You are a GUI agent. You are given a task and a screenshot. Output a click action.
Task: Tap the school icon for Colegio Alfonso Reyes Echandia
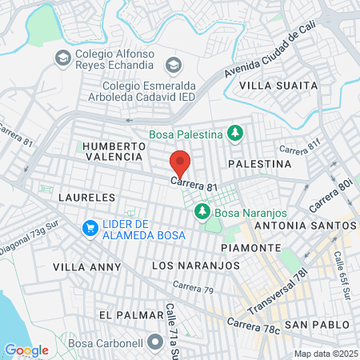coord(62,57)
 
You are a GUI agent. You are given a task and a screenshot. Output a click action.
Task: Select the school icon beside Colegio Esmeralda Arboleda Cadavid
coord(171,65)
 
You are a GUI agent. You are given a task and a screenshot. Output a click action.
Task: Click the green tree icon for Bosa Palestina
coord(235,132)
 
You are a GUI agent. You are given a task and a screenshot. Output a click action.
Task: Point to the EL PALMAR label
coord(126,315)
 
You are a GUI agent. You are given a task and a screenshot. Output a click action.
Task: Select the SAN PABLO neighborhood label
coord(318,324)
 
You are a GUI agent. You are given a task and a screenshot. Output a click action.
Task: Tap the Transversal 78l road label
coord(278,298)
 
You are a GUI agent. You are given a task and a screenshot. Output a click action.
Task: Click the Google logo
coord(26,350)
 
